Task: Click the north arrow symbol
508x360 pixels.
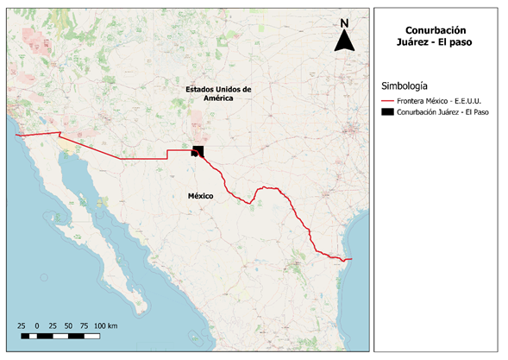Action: point(343,41)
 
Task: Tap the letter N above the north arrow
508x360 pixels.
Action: point(343,23)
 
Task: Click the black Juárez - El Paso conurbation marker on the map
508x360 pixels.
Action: point(198,152)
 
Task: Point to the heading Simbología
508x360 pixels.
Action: point(405,85)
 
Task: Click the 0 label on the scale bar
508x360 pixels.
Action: point(37,324)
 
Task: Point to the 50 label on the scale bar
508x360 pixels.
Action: point(68,324)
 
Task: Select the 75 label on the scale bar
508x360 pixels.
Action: point(85,324)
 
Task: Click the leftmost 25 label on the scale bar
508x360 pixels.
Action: point(21,324)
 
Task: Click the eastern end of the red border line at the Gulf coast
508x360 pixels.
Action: point(351,259)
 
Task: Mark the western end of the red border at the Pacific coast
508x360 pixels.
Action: point(16,136)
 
